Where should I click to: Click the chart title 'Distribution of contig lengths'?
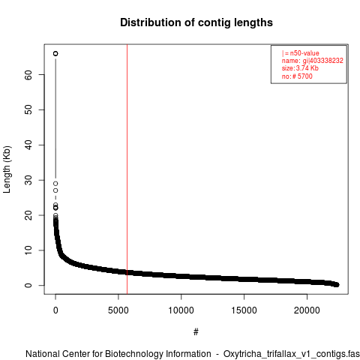[196, 22]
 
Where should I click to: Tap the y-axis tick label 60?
[28, 75]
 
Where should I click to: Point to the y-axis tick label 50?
[28, 109]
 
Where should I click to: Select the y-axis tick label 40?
[28, 145]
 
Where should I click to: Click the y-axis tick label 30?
[28, 180]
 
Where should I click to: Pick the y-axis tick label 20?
[28, 215]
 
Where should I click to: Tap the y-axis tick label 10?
[28, 250]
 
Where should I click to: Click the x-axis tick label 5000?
[118, 310]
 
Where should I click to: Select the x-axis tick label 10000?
[181, 310]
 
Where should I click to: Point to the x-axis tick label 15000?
[244, 310]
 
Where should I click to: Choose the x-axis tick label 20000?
[307, 310]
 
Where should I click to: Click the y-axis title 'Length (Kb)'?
[7, 169]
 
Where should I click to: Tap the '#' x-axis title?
[196, 332]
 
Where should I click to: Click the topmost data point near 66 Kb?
[55, 53]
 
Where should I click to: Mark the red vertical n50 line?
[127, 169]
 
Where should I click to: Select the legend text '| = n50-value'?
[301, 53]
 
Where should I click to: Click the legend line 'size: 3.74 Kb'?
[300, 68]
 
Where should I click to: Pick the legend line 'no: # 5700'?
[297, 76]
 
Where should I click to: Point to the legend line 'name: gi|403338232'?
[313, 61]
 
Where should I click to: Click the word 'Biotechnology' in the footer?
[157, 354]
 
